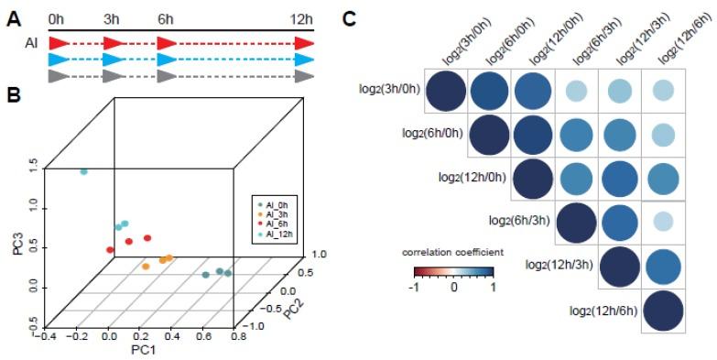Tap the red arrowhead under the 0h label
[57, 42]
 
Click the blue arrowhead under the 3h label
[115, 59]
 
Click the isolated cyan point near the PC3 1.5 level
[83, 171]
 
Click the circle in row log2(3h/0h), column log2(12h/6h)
[666, 91]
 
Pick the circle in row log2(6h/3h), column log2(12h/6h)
[666, 221]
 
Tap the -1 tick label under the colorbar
[415, 286]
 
